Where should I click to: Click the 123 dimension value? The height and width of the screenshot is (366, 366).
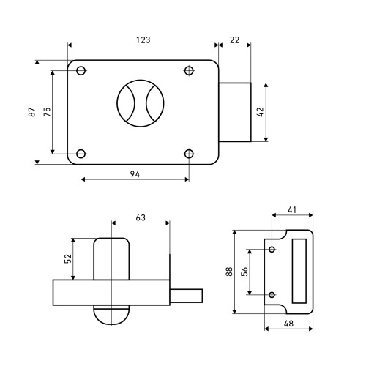pyautogui.click(x=143, y=40)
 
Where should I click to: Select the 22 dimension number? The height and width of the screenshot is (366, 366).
pyautogui.click(x=234, y=40)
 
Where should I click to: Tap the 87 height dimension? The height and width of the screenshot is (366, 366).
pyautogui.click(x=32, y=112)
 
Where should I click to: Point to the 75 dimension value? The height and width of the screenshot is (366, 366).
pyautogui.click(x=47, y=112)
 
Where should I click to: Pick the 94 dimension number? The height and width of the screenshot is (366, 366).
pyautogui.click(x=135, y=174)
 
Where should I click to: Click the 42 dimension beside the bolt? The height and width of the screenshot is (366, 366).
pyautogui.click(x=261, y=112)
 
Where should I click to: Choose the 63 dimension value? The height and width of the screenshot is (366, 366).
pyautogui.click(x=141, y=217)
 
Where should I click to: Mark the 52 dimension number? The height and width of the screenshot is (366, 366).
pyautogui.click(x=68, y=258)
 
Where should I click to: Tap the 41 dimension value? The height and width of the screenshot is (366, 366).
pyautogui.click(x=292, y=209)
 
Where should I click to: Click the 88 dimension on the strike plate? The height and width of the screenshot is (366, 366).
pyautogui.click(x=229, y=272)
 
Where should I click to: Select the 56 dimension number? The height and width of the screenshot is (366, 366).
pyautogui.click(x=244, y=272)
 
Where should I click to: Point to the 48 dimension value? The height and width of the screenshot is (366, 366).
pyautogui.click(x=288, y=324)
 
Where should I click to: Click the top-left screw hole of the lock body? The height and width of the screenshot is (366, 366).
pyautogui.click(x=81, y=71)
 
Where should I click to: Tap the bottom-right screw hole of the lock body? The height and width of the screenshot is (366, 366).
pyautogui.click(x=189, y=154)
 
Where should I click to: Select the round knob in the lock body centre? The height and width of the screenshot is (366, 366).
pyautogui.click(x=141, y=103)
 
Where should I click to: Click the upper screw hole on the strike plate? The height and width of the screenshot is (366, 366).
pyautogui.click(x=272, y=250)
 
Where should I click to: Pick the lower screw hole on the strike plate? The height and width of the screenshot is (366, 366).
pyautogui.click(x=272, y=295)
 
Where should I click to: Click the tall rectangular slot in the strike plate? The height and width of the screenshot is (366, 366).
pyautogui.click(x=299, y=271)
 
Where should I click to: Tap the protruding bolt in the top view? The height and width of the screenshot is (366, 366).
pyautogui.click(x=235, y=112)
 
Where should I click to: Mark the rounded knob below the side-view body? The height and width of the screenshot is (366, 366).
pyautogui.click(x=111, y=315)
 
